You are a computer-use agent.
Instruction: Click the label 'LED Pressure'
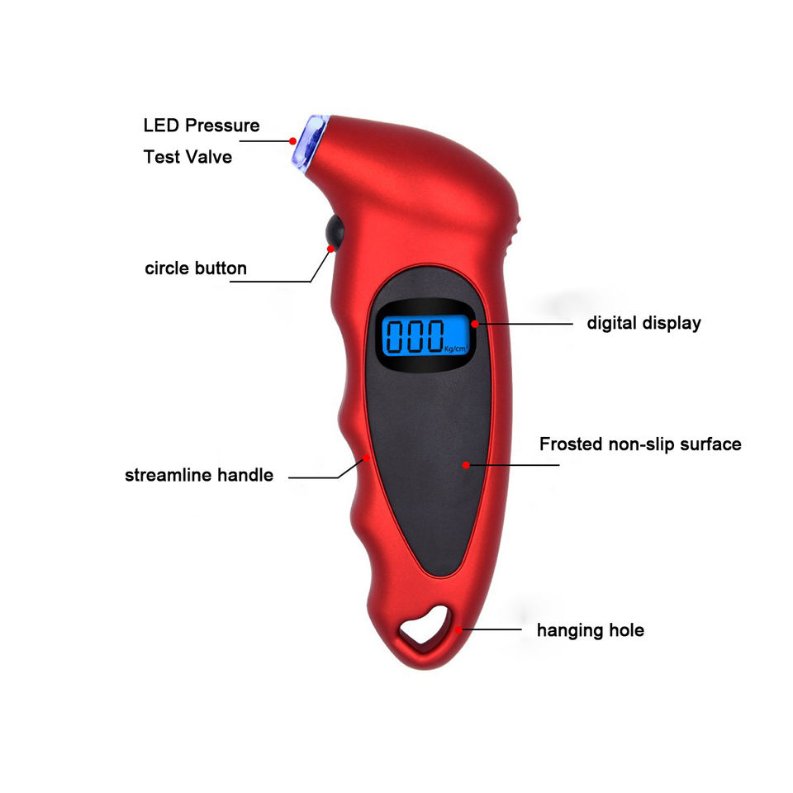click(202, 126)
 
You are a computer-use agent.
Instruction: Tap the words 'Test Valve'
click(188, 156)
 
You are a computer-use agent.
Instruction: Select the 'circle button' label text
click(196, 268)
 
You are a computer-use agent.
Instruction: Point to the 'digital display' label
click(643, 323)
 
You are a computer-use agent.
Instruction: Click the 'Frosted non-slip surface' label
click(640, 444)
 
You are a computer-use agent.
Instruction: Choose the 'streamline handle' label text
click(199, 475)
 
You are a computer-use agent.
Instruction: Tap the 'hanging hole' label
click(591, 630)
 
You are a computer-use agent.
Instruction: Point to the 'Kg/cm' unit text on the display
click(456, 349)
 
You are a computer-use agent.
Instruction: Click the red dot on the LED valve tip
click(293, 140)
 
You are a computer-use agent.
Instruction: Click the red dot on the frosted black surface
click(466, 465)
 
